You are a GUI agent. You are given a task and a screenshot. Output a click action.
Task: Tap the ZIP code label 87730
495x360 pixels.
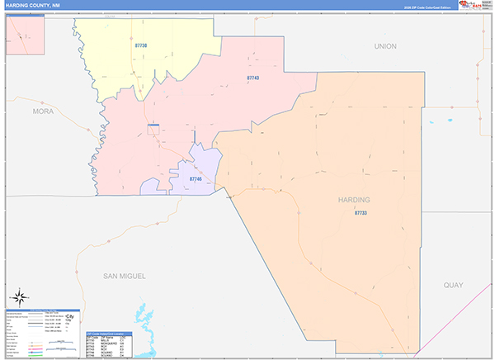(x=140, y=45)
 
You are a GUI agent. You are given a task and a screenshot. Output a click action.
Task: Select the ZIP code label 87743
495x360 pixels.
(x=253, y=78)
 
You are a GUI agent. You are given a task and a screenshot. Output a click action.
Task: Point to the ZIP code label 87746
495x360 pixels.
(x=196, y=178)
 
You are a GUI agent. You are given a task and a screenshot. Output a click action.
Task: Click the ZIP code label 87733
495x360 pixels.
(x=361, y=213)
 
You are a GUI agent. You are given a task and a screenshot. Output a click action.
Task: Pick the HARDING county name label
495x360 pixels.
(x=354, y=200)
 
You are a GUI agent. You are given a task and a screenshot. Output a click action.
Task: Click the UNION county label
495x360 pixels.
(x=385, y=46)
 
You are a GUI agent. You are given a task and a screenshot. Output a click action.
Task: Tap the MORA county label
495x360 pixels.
(x=42, y=110)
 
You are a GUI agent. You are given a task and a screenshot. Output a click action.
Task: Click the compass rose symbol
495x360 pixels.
(x=20, y=297)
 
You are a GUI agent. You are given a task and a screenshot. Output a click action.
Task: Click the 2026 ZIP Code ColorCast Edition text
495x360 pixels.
(x=426, y=7)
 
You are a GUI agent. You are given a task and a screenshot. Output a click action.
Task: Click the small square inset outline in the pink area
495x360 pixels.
(x=153, y=129)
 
